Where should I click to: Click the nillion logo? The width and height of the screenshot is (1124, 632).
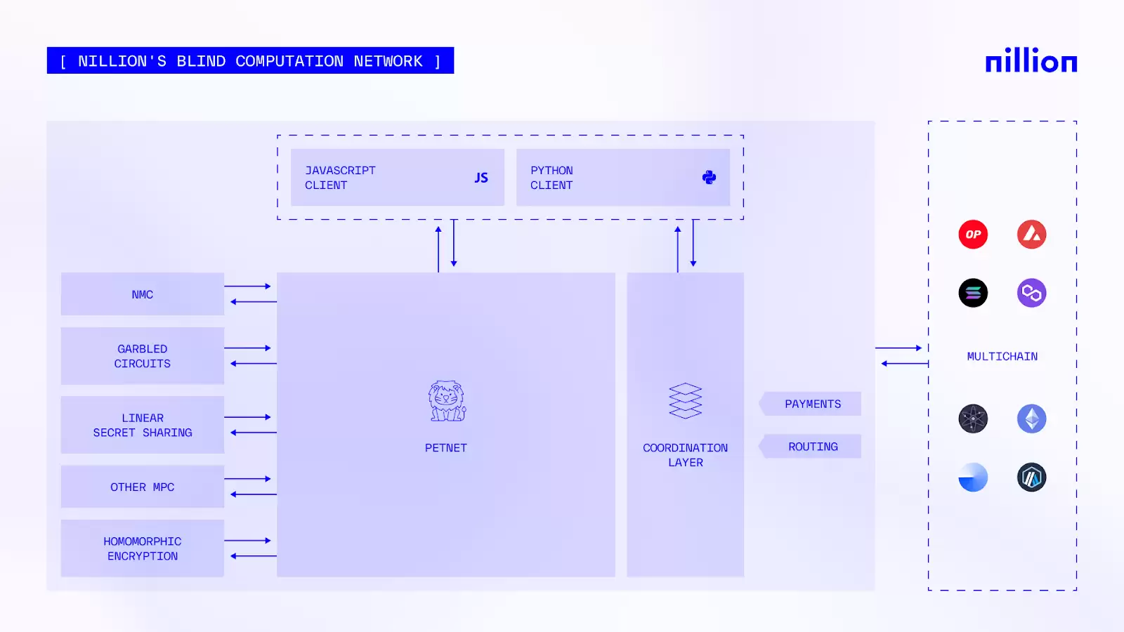1031,61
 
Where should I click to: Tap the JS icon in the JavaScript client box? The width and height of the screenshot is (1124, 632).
481,178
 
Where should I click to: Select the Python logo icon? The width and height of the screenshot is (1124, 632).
709,178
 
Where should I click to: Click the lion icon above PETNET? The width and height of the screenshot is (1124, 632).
447,401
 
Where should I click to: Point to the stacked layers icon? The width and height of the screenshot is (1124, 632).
685,401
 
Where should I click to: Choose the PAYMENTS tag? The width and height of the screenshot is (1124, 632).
812,404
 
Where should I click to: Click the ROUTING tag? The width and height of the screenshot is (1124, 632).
812,447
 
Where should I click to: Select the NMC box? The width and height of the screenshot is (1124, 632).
143,294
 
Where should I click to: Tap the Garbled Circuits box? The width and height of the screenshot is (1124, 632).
143,356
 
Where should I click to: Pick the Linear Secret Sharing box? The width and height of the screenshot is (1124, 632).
143,425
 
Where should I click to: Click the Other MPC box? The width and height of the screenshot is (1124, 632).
143,487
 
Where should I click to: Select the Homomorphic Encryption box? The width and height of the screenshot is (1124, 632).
143,548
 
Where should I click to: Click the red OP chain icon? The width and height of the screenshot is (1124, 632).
973,235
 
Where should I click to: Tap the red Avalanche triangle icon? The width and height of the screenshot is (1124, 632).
1031,235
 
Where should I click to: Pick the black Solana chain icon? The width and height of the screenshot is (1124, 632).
973,293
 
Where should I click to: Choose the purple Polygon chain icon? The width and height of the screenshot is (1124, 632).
1031,293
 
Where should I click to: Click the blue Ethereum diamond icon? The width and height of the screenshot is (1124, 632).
1031,419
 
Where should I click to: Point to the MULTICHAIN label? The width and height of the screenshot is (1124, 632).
1002,357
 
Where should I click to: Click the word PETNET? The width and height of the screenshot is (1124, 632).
446,448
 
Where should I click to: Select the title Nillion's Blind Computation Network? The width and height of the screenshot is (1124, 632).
250,61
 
